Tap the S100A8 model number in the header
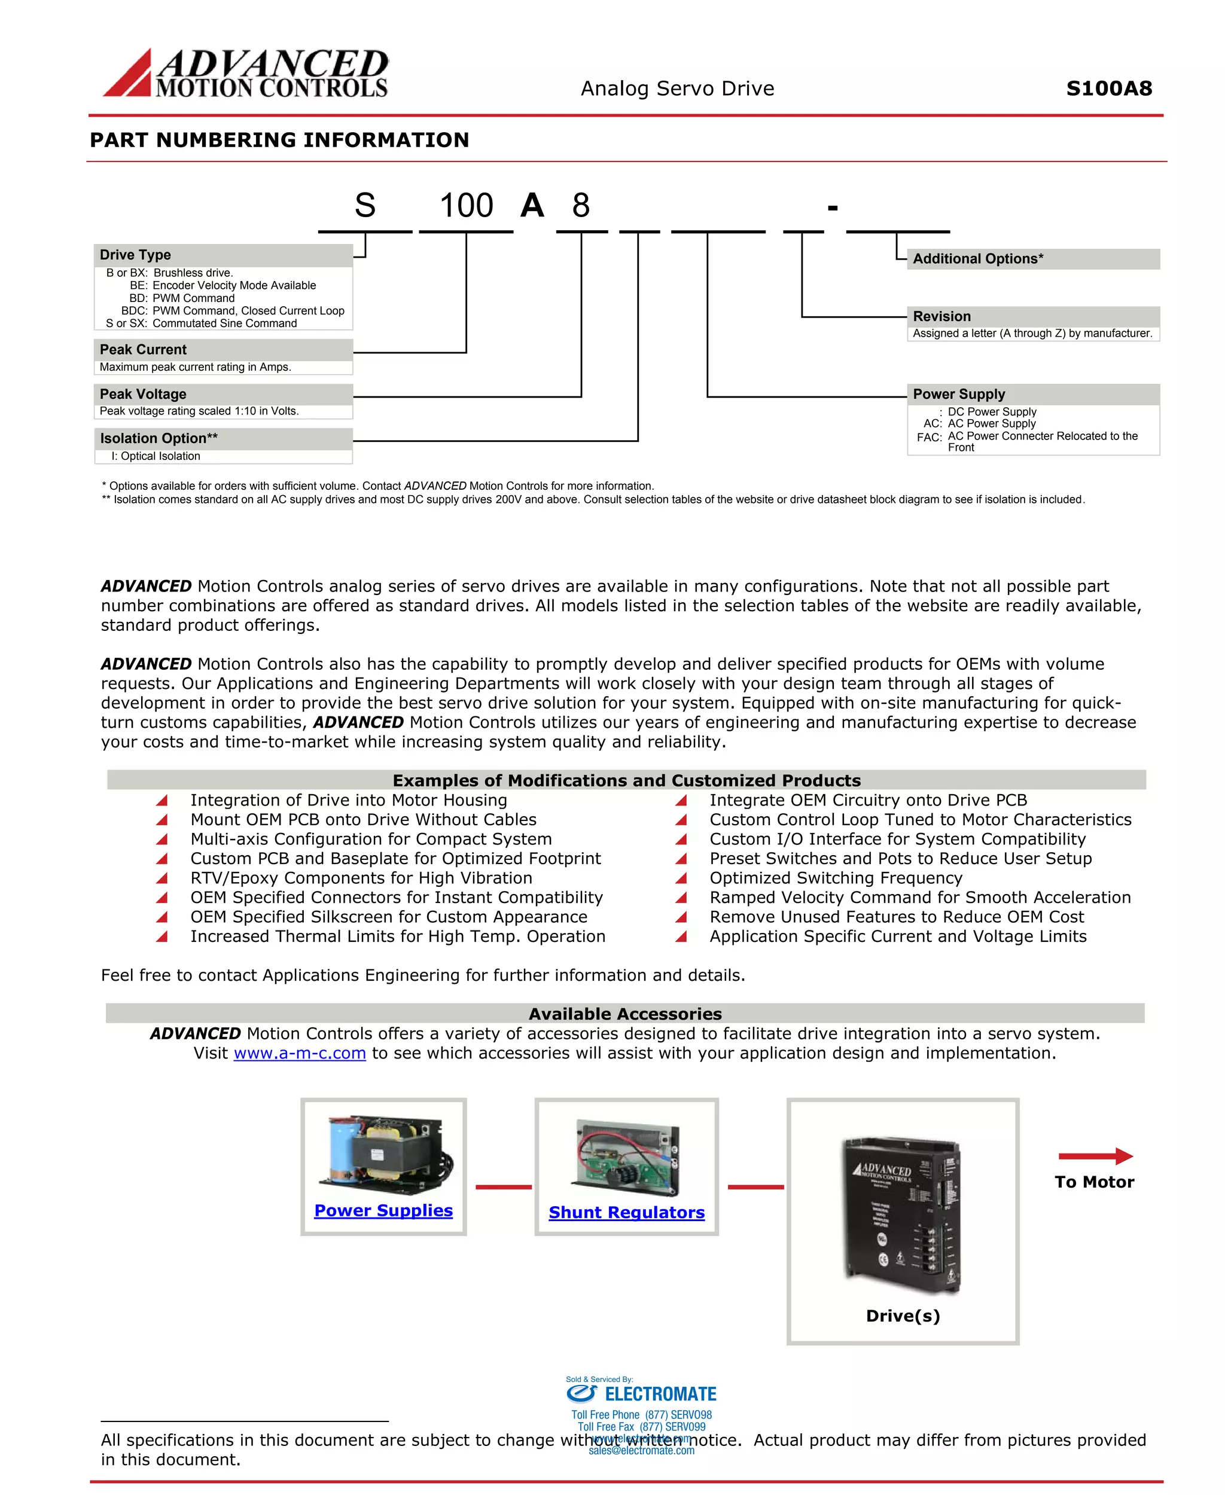coord(1108,89)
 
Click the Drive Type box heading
coord(136,255)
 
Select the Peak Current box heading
coord(143,349)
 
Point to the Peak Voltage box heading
coord(143,393)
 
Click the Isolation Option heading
coord(159,438)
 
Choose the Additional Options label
coord(978,259)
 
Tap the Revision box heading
coord(942,316)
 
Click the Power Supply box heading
coord(959,393)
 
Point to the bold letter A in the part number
coord(533,206)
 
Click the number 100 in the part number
coord(467,206)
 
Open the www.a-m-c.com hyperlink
coord(300,1053)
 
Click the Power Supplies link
coord(383,1211)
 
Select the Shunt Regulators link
coord(627,1213)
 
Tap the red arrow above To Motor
coord(1095,1157)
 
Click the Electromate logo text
coord(660,1394)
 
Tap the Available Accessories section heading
coord(625,1014)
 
